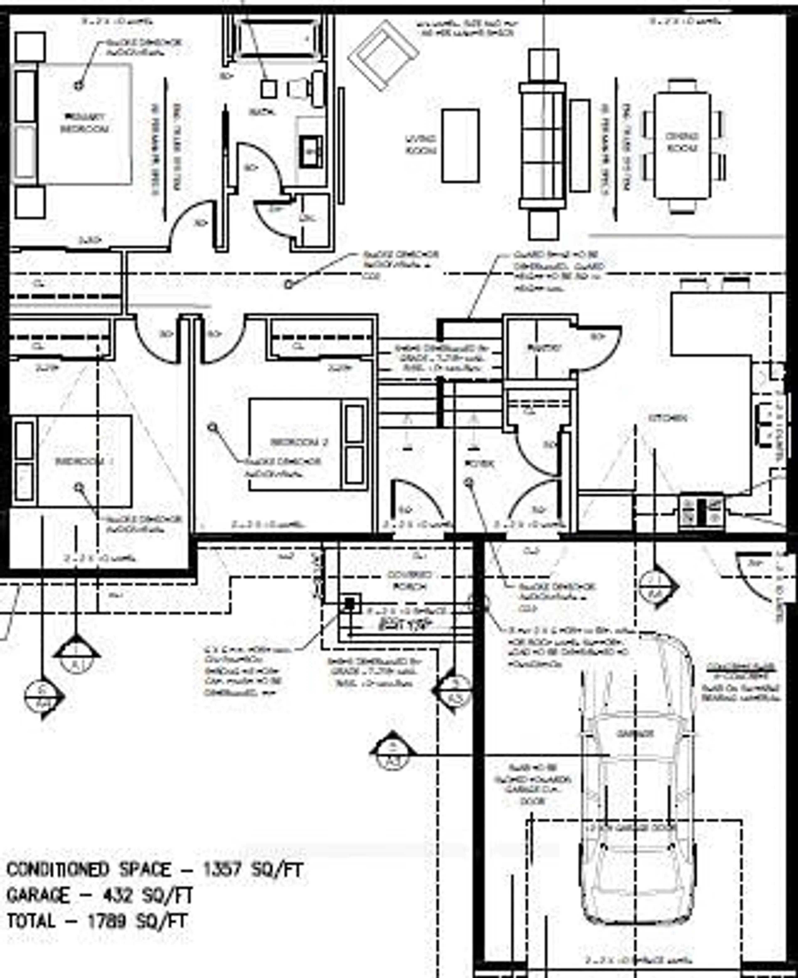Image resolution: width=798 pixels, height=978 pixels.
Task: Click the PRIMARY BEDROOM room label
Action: (84, 123)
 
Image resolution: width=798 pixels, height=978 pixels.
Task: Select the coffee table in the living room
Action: (460, 146)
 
